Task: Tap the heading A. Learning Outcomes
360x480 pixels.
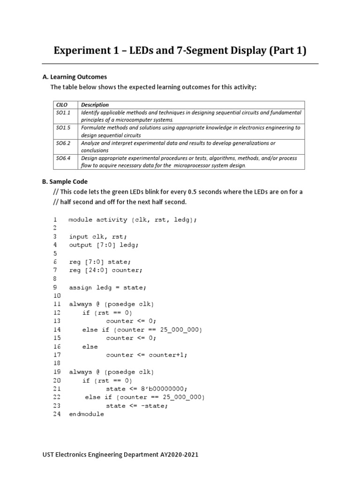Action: click(x=75, y=77)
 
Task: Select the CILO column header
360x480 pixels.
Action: click(x=62, y=105)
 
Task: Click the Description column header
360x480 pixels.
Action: click(x=95, y=105)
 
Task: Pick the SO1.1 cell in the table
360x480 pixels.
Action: click(x=63, y=113)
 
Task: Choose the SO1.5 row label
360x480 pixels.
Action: click(x=63, y=127)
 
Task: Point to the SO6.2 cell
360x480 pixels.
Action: click(x=63, y=143)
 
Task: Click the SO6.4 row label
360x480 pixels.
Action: click(x=63, y=158)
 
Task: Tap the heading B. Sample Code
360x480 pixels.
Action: click(x=65, y=181)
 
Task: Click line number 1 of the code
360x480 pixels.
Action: click(x=55, y=219)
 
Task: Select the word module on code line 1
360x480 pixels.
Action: click(x=81, y=219)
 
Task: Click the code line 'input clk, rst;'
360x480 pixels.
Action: click(x=98, y=237)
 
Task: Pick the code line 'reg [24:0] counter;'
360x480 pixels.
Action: click(x=105, y=270)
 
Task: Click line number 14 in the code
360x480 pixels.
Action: click(x=57, y=330)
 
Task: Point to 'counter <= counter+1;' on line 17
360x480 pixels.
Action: click(x=146, y=355)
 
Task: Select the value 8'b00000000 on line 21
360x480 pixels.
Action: click(x=165, y=389)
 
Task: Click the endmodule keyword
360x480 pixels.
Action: click(x=87, y=414)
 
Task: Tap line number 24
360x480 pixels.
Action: click(x=57, y=414)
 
